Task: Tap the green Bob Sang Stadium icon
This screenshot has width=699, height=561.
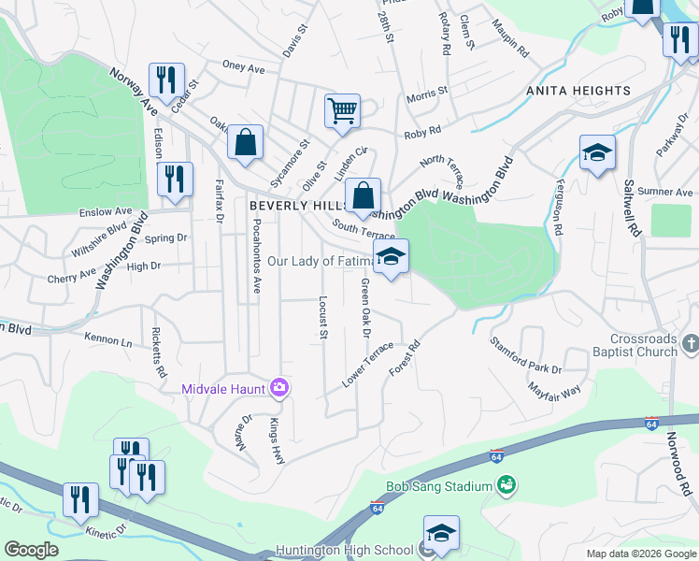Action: (x=506, y=484)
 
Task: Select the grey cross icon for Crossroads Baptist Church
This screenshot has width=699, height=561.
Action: (x=690, y=344)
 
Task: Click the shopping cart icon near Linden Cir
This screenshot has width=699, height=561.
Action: (x=342, y=110)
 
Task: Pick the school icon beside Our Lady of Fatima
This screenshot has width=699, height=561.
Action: (x=391, y=257)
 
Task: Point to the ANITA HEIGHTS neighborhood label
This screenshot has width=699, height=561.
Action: (x=578, y=91)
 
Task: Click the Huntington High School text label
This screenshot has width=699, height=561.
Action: (x=345, y=550)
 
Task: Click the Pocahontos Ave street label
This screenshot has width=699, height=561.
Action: (x=256, y=260)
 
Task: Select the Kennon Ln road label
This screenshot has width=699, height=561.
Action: (x=108, y=339)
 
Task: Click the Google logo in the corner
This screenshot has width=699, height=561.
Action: (x=32, y=550)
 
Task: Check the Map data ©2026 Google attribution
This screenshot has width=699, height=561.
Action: (x=640, y=554)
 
